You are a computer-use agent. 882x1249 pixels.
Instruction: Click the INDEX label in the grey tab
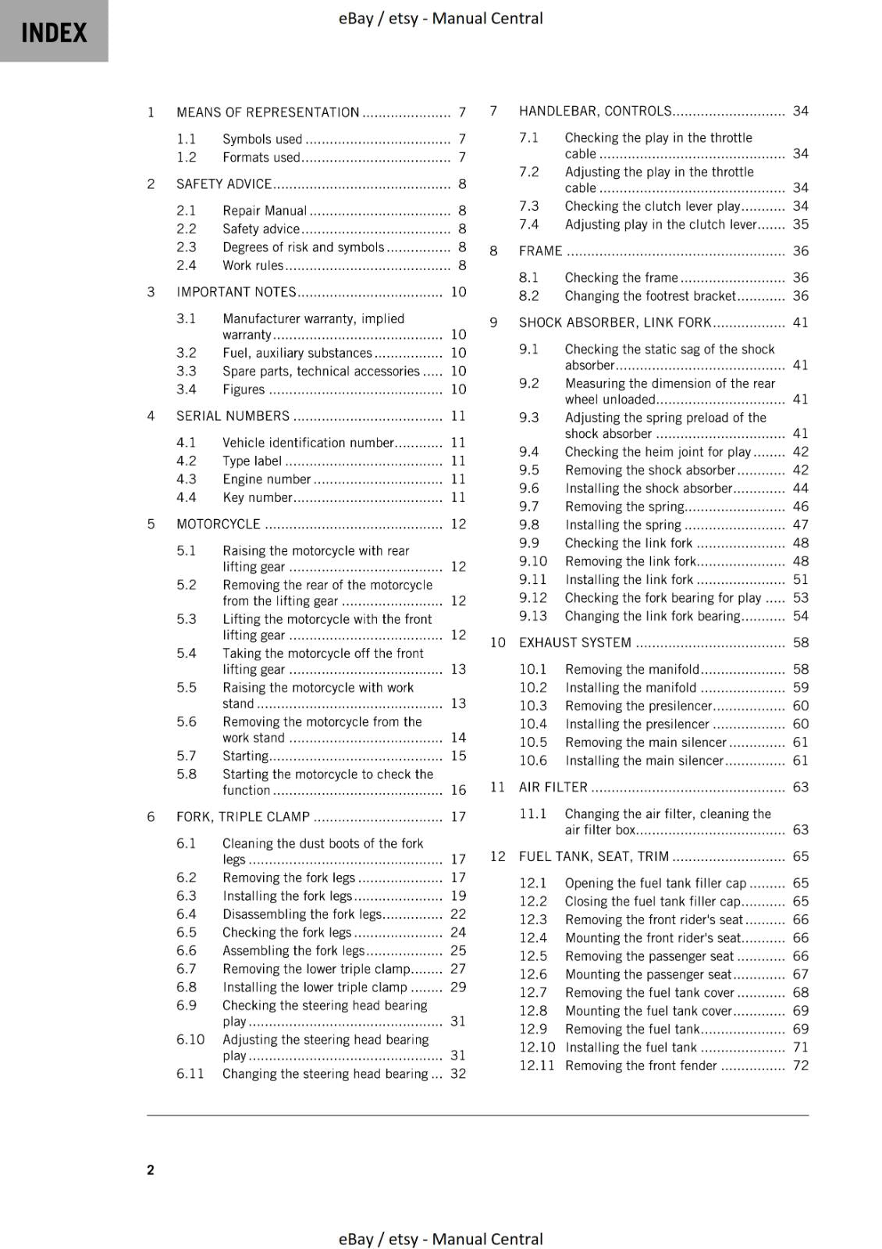[54, 33]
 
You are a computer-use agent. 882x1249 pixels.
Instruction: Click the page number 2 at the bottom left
[151, 1169]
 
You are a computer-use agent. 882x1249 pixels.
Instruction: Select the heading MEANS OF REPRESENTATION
[268, 112]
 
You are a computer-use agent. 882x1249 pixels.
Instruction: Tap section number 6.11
[190, 1073]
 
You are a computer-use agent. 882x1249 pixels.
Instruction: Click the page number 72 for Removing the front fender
[800, 1066]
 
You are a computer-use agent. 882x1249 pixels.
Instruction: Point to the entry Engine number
[267, 479]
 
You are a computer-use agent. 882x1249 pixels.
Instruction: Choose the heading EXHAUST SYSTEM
[574, 642]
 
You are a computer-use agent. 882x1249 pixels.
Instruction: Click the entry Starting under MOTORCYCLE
[245, 756]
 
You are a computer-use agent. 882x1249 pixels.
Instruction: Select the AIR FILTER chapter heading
[553, 787]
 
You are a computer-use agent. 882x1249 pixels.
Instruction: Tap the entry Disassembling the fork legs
[302, 914]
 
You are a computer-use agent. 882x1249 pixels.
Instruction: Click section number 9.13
[533, 616]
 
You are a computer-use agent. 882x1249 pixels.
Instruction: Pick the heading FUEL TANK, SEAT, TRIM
[593, 856]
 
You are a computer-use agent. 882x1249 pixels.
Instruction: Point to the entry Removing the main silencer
[645, 742]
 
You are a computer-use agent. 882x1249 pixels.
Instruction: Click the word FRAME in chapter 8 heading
[540, 251]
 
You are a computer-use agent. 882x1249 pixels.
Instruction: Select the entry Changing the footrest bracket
[649, 296]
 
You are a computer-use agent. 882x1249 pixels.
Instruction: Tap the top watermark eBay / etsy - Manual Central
[440, 18]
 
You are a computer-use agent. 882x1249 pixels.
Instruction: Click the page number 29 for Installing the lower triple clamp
[458, 987]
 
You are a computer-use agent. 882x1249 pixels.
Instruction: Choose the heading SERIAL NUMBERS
[233, 416]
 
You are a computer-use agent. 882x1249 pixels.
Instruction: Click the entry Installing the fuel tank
[631, 1048]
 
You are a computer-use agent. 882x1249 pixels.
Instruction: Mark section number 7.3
[528, 206]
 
